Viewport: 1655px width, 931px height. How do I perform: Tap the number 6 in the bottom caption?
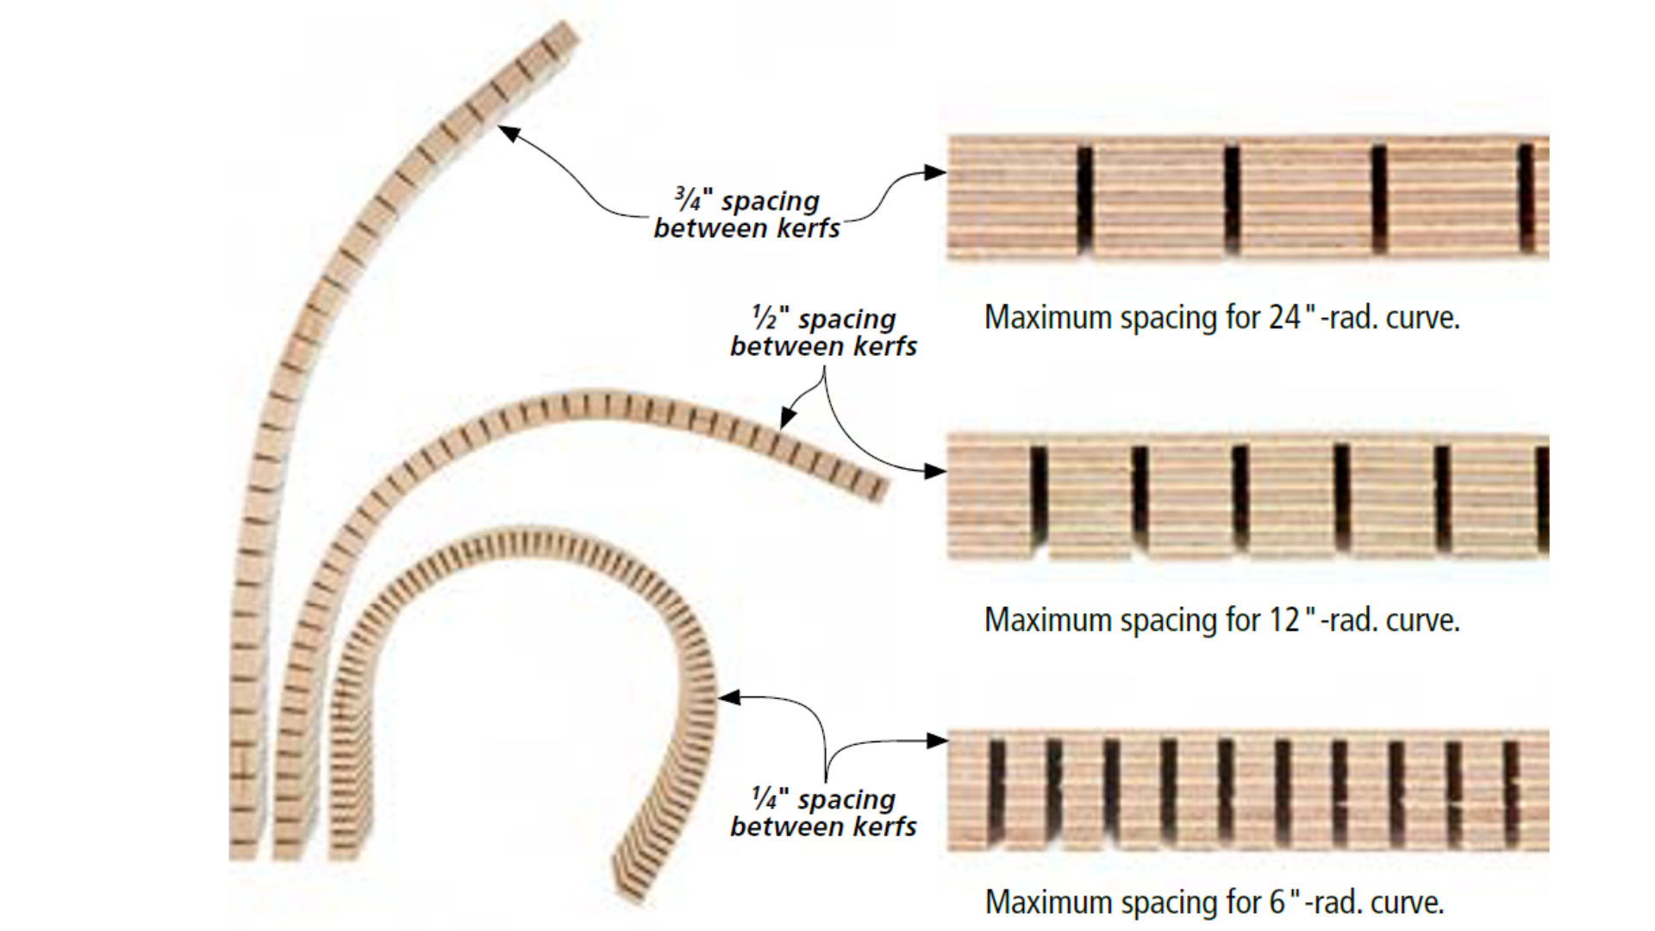coord(1277,903)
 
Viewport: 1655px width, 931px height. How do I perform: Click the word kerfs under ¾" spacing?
coord(806,229)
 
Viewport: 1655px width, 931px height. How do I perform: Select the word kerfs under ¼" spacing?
coord(884,827)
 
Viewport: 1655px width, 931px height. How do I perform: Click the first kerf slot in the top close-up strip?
coord(1084,200)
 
